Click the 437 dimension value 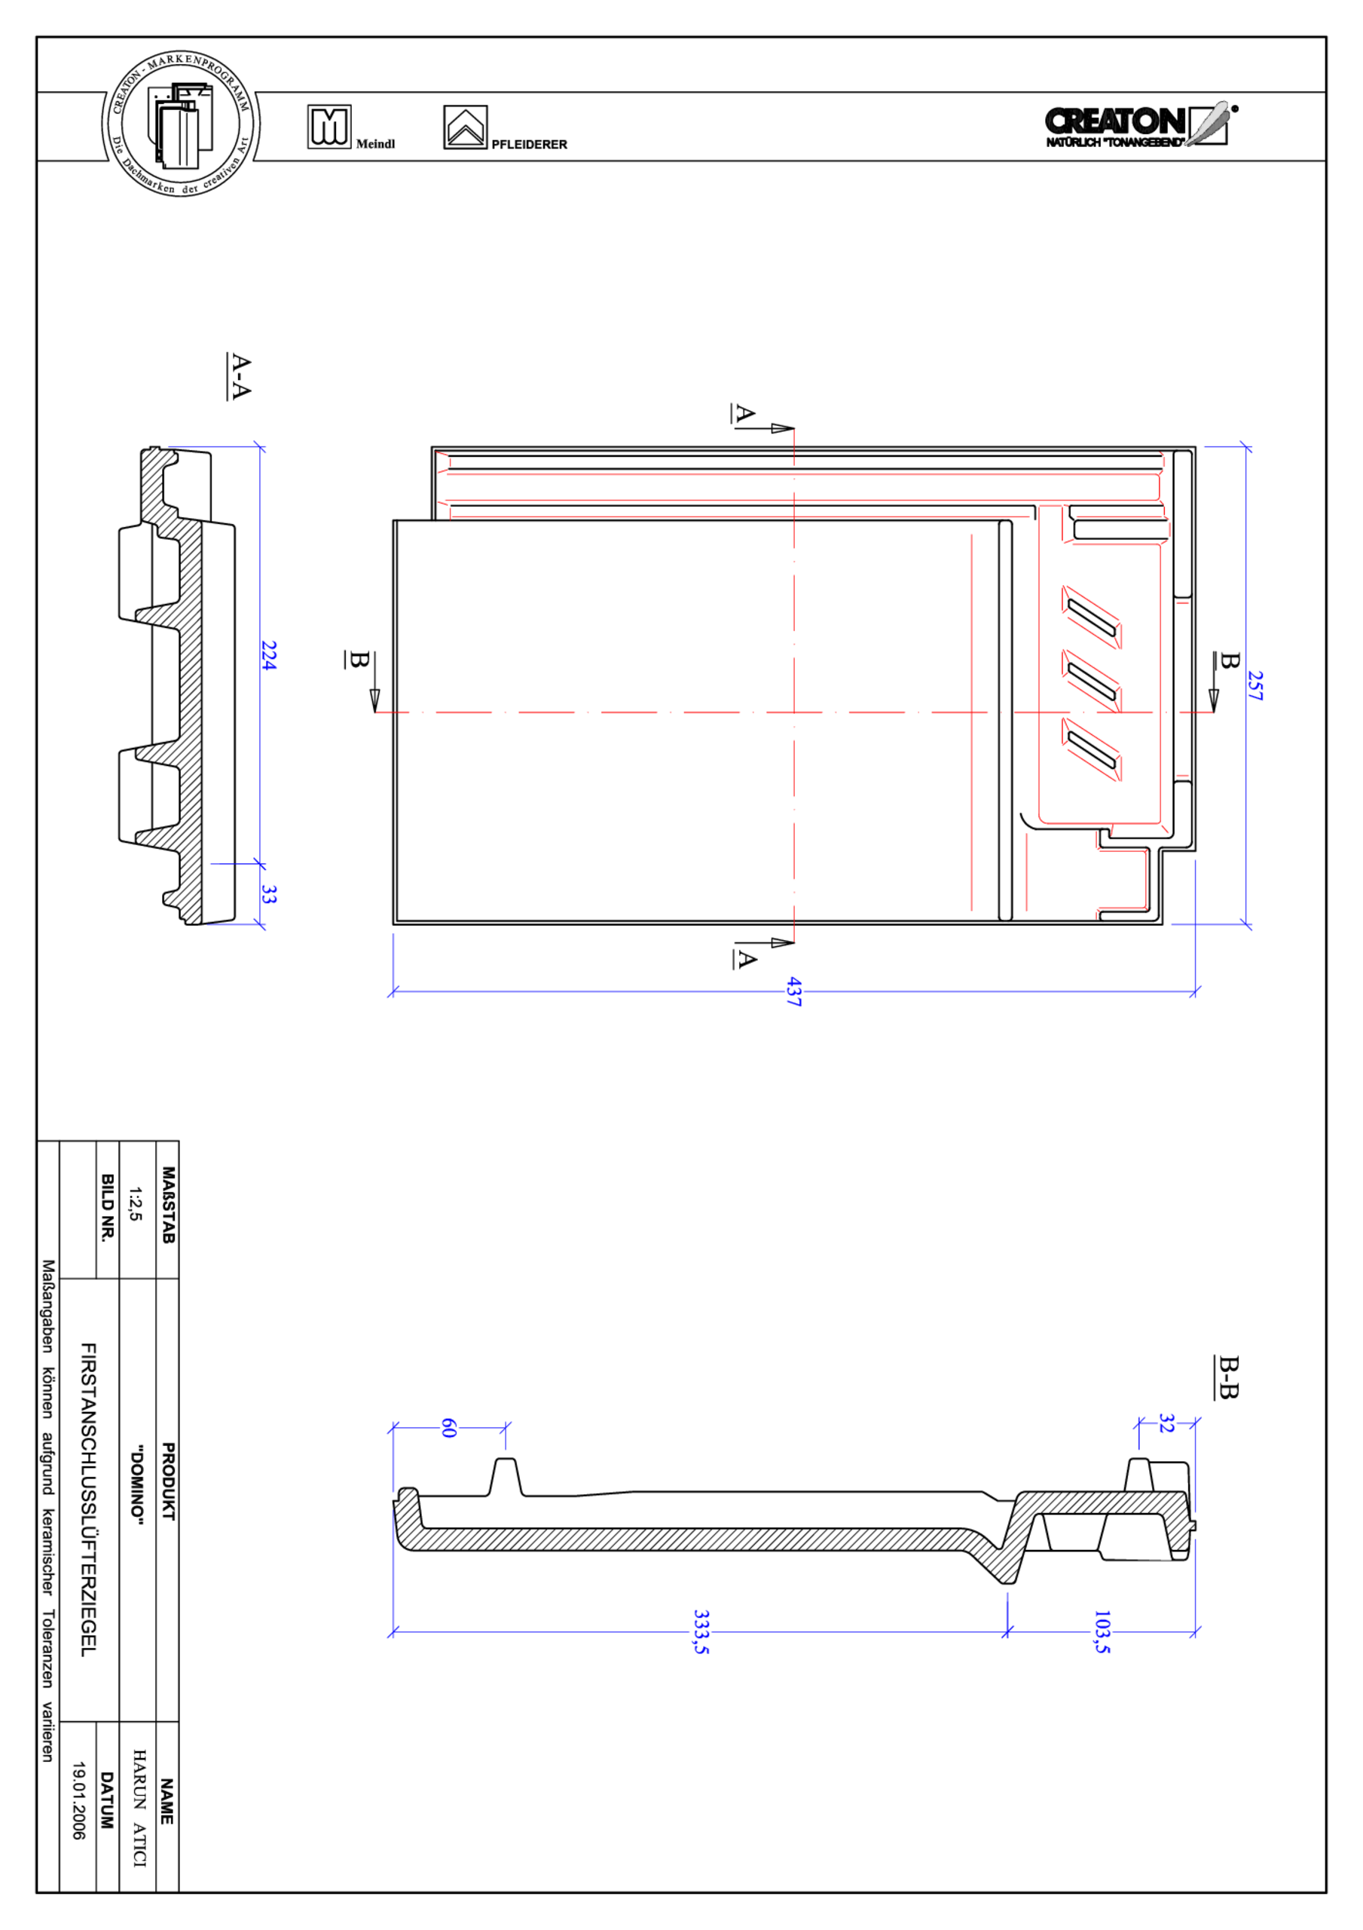pyautogui.click(x=794, y=991)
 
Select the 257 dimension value pyautogui.click(x=1255, y=685)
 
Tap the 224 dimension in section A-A pyautogui.click(x=268, y=656)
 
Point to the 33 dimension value pyautogui.click(x=268, y=894)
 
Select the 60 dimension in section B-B pyautogui.click(x=449, y=1427)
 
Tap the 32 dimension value pyautogui.click(x=1166, y=1423)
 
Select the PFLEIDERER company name pyautogui.click(x=529, y=145)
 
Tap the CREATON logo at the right pyautogui.click(x=1138, y=125)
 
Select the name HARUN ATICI pyautogui.click(x=139, y=1808)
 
